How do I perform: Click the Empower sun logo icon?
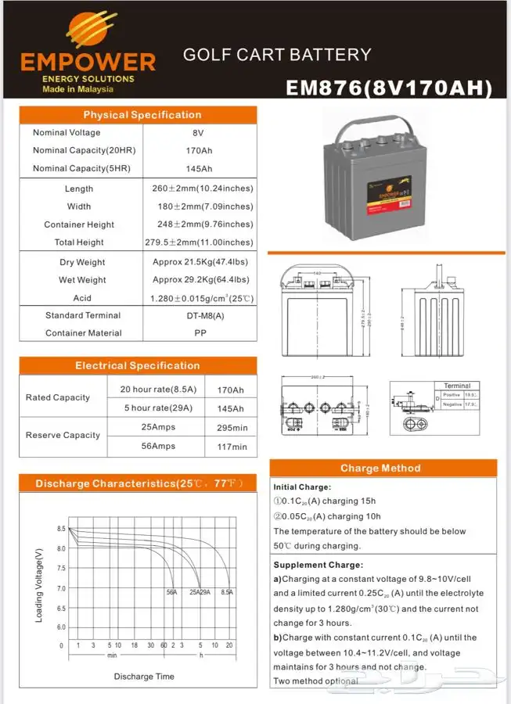tap(92, 30)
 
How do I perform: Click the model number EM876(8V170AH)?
tap(389, 88)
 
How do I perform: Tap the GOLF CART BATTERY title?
tap(277, 55)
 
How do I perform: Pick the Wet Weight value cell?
tap(201, 280)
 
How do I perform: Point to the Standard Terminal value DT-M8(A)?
tap(200, 315)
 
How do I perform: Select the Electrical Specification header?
tap(138, 365)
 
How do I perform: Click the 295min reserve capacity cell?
tap(232, 428)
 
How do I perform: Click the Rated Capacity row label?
tap(58, 397)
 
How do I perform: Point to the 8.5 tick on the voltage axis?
tap(61, 530)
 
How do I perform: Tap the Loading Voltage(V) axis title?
tap(39, 585)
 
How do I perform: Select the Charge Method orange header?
tap(380, 468)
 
